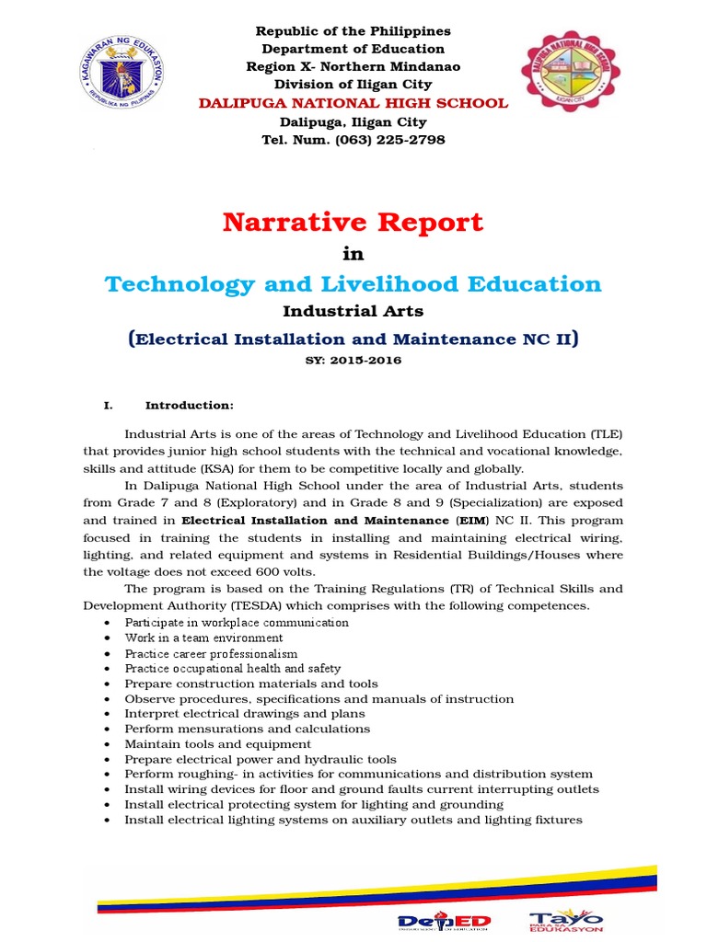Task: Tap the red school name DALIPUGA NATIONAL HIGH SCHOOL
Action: point(353,102)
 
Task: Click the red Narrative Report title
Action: point(353,222)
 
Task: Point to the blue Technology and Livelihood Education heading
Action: point(353,283)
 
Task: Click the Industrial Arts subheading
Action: point(353,313)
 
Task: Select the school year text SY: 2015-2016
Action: point(353,361)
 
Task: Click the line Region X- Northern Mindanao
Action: point(353,66)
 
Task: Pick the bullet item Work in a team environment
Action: point(203,638)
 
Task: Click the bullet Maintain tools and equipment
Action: point(218,743)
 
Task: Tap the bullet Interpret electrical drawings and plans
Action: point(245,713)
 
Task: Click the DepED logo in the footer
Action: point(445,921)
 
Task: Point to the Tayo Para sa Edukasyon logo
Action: point(566,919)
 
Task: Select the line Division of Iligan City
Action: point(353,85)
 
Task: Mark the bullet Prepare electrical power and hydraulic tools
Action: point(261,759)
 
